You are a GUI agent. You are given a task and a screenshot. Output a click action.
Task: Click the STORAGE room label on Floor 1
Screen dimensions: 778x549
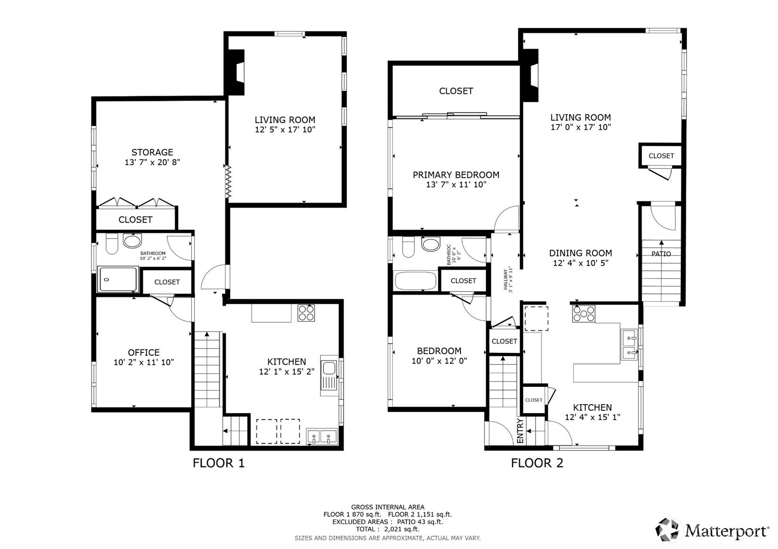coord(152,152)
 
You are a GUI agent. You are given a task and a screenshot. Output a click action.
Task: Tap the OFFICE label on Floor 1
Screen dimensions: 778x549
coord(144,353)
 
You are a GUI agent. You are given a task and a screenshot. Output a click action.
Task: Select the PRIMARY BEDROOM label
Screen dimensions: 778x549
coord(456,175)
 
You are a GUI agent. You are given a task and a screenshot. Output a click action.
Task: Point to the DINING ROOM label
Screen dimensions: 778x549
coord(581,253)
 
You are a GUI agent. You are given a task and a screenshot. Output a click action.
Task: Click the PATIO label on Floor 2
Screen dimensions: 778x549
coord(661,254)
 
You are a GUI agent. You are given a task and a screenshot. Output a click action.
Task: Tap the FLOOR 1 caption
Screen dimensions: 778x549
coord(219,463)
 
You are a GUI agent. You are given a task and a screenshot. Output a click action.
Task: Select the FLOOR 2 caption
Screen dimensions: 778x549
coord(537,463)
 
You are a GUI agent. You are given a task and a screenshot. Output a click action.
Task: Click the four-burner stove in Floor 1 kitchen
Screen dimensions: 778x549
coord(306,313)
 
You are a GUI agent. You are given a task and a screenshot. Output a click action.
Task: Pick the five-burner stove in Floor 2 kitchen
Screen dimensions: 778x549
coord(583,314)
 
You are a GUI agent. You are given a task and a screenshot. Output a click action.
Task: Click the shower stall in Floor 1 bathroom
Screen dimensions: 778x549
coord(118,279)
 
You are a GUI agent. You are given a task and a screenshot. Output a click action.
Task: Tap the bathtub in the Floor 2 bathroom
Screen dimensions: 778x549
coord(415,281)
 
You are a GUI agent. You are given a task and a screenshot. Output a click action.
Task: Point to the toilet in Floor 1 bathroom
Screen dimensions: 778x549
coord(112,243)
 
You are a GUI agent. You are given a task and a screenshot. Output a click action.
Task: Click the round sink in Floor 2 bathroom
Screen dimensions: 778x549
coord(431,244)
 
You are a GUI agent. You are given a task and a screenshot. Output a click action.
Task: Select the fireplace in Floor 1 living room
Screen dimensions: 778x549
coord(235,72)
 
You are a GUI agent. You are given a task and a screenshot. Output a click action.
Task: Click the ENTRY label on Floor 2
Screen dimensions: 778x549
coord(520,431)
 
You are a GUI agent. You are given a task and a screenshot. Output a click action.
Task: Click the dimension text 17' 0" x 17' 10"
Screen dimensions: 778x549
coord(581,127)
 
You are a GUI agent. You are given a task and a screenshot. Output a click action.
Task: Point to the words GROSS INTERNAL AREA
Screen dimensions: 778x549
coord(388,507)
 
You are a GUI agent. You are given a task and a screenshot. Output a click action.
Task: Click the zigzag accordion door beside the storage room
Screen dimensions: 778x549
coord(228,182)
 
